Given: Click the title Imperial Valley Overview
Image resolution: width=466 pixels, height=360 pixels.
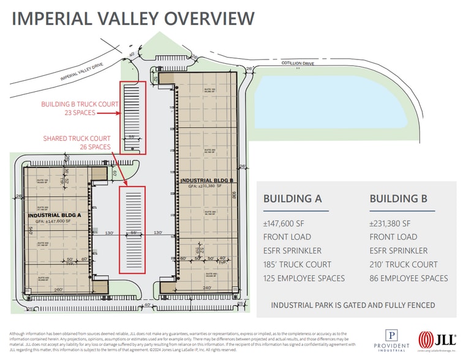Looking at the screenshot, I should coord(133,18).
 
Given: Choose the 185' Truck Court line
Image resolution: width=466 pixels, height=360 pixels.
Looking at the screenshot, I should coord(297,264).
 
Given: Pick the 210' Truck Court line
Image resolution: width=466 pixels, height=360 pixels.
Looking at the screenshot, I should coord(404,264).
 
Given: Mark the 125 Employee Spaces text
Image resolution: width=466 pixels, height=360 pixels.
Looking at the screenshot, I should coord(304,279).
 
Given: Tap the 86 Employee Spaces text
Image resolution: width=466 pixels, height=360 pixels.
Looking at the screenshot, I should coord(408,279).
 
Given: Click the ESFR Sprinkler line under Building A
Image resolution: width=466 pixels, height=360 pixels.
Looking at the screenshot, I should coord(292,251).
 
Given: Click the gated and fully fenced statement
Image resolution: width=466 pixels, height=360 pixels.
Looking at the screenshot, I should coord(353,305).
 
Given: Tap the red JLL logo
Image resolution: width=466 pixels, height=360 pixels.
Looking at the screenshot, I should coord(436,340).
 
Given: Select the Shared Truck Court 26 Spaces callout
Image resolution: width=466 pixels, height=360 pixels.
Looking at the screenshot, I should coord(77,143).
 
